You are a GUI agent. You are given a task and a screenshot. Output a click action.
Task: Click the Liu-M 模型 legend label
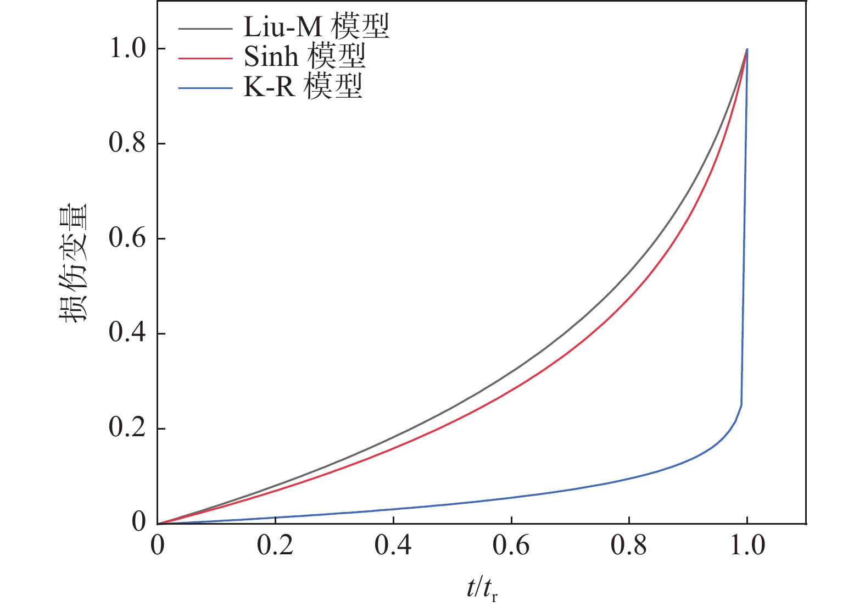316,27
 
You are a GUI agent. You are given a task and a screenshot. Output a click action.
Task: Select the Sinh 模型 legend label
304,57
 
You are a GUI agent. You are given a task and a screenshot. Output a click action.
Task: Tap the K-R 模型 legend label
303,87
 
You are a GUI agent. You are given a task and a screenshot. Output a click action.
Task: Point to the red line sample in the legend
205,57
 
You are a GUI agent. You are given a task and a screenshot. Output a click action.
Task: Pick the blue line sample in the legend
205,87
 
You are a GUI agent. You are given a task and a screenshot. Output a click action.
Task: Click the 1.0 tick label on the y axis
127,49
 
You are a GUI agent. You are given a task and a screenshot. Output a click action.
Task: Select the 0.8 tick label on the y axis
127,143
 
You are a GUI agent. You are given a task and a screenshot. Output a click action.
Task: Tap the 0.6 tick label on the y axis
127,238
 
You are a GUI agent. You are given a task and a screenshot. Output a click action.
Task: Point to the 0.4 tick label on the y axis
127,333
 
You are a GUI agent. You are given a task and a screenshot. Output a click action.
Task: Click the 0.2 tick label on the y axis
127,429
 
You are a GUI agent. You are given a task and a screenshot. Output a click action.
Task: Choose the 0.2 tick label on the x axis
276,546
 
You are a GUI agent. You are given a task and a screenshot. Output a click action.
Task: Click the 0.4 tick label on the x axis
393,546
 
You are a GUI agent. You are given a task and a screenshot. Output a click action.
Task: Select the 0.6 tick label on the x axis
511,546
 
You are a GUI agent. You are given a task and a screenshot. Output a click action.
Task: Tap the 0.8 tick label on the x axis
629,546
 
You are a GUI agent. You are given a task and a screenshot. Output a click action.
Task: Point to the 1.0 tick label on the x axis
747,546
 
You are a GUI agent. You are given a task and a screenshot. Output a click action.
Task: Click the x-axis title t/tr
482,589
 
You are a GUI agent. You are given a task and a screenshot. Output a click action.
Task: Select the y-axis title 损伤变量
75,264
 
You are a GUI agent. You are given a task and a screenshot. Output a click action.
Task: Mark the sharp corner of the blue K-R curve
741,405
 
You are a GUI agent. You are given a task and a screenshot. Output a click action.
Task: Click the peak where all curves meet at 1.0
747,49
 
